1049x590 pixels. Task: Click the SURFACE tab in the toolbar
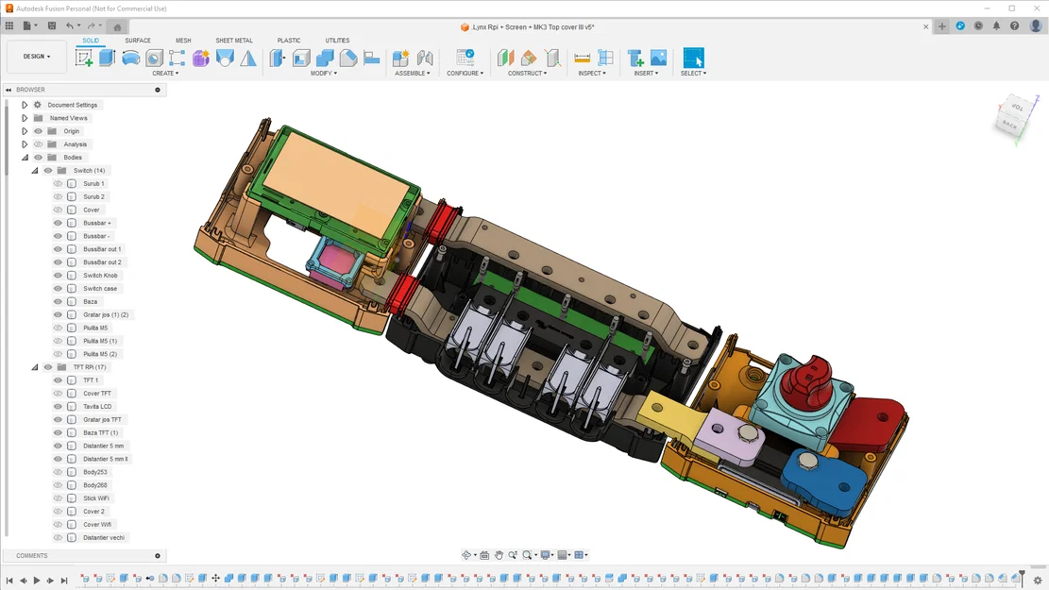pos(138,41)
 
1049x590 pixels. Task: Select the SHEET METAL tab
pos(234,41)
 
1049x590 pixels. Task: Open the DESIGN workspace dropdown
pos(37,57)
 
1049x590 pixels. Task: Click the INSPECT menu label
pos(591,73)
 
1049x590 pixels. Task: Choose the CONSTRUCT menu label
pos(527,73)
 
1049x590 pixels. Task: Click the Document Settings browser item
pos(73,105)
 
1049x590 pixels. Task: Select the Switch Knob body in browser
pos(100,276)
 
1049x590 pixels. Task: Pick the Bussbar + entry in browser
pos(97,223)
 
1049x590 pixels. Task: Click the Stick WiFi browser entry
pos(95,498)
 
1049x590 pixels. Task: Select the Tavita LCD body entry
pos(97,407)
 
